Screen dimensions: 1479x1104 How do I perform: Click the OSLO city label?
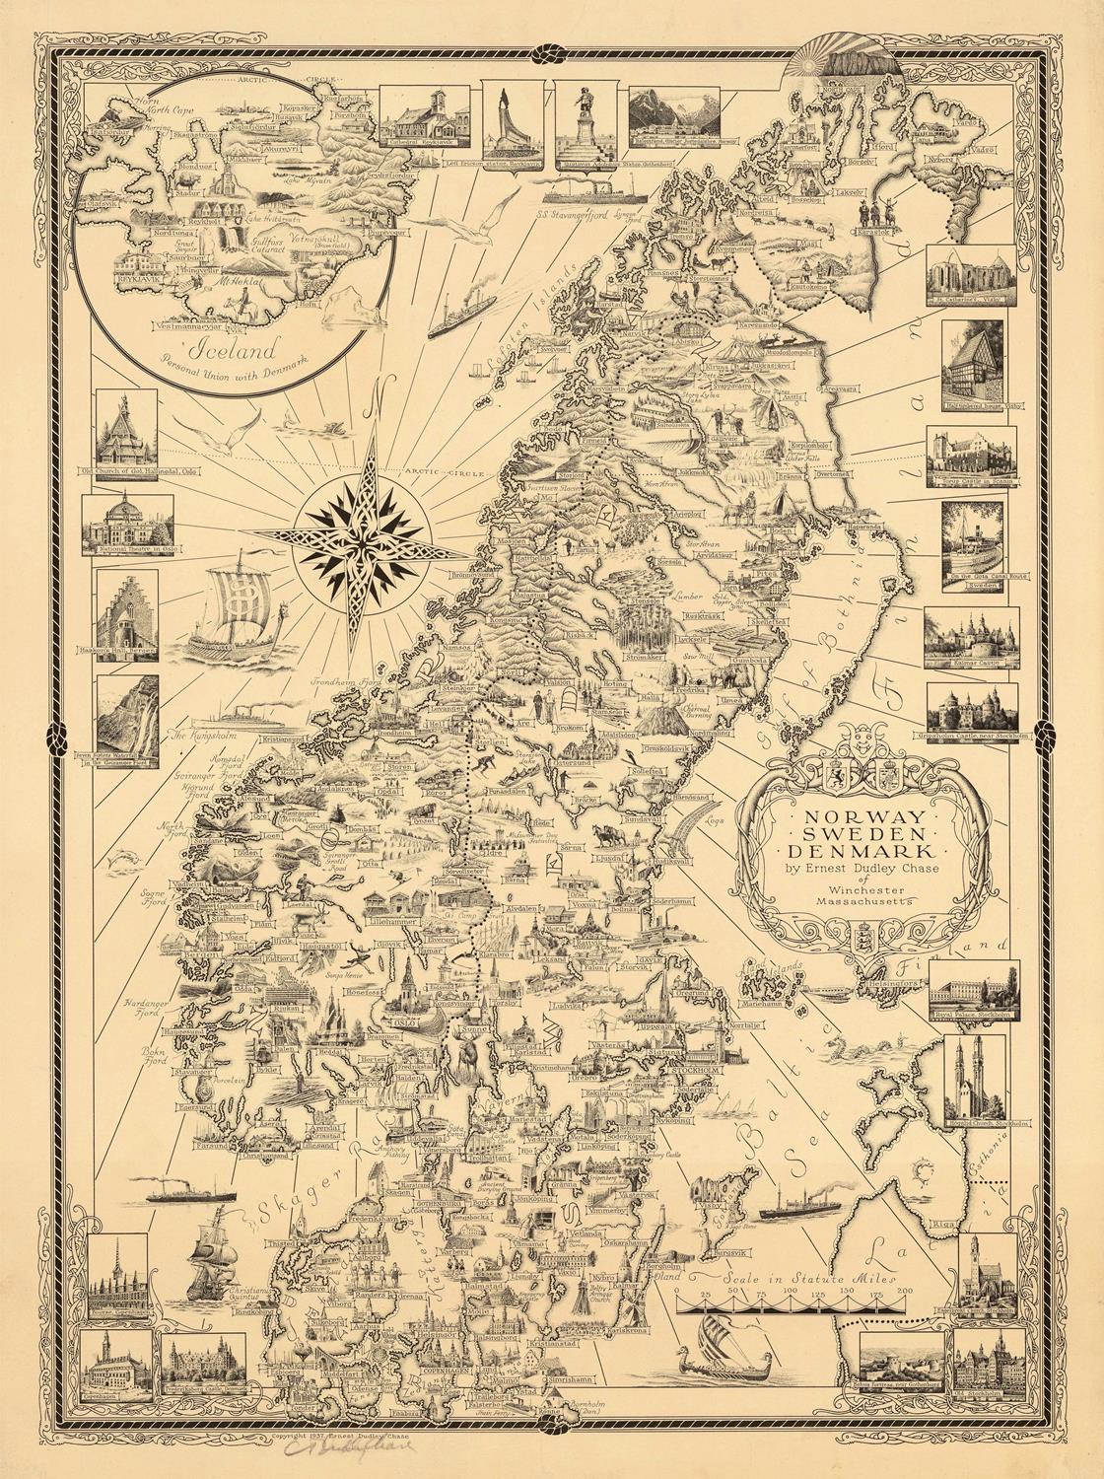point(404,1023)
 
